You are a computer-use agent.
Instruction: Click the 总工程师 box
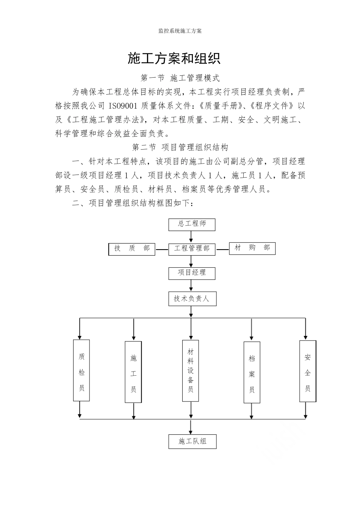pos(192,224)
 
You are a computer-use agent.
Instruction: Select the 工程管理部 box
pos(192,248)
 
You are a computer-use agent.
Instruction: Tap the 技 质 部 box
pos(132,248)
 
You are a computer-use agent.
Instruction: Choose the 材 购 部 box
pos(252,248)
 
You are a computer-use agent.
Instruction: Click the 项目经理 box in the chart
pos(192,273)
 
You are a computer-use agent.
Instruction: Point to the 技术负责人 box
pos(192,299)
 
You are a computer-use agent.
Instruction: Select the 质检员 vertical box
pos(81,370)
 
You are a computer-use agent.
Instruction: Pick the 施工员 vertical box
pos(133,372)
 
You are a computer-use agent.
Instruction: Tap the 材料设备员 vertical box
pos(191,370)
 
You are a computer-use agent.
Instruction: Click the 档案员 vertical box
pos(252,372)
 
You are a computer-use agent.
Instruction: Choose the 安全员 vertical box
pos(308,371)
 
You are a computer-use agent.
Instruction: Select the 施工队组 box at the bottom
pos(193,442)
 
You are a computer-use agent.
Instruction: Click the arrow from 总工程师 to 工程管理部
pos(191,237)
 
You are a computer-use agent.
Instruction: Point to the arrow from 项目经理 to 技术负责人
pos(191,286)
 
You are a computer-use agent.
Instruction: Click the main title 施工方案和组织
pos(174,59)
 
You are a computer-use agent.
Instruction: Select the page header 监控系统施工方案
pos(180,31)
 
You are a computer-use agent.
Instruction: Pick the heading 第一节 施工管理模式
pos(180,78)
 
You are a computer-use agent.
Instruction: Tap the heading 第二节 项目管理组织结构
pos(180,147)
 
